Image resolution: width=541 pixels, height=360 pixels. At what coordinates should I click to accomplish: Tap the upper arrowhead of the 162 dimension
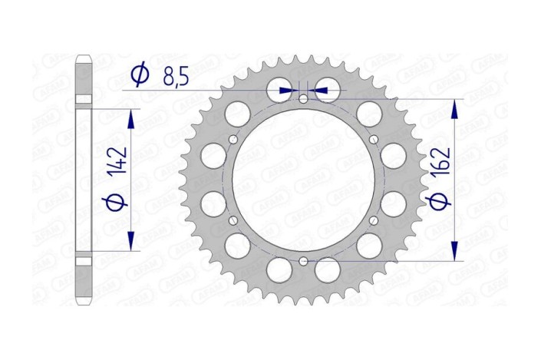point(455,108)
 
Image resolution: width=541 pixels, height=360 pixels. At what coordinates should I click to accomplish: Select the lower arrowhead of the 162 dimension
point(455,252)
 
